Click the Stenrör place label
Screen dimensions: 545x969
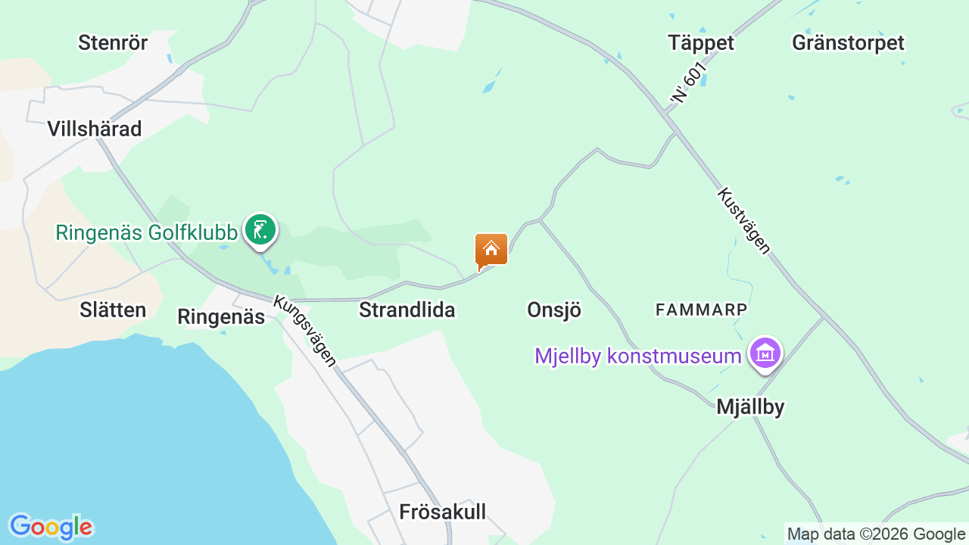pos(113,42)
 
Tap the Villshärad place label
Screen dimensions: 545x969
pos(95,129)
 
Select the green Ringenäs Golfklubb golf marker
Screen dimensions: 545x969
pos(260,229)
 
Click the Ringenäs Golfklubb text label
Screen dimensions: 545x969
pos(147,232)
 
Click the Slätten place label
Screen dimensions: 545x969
pos(113,310)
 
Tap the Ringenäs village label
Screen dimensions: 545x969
pos(221,316)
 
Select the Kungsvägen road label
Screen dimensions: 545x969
pos(305,330)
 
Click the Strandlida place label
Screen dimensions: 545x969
pos(407,310)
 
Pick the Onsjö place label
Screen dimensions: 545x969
pos(554,310)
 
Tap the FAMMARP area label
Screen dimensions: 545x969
pos(701,309)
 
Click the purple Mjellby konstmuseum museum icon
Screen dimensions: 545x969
pos(765,353)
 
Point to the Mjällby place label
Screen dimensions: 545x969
pos(750,407)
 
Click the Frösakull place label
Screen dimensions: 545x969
pos(442,512)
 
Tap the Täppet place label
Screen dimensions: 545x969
pos(701,42)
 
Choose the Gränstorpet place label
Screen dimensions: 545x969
pos(848,42)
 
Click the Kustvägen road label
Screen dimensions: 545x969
pos(743,220)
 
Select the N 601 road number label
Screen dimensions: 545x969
pos(689,83)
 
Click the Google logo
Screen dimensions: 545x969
pos(51,527)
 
